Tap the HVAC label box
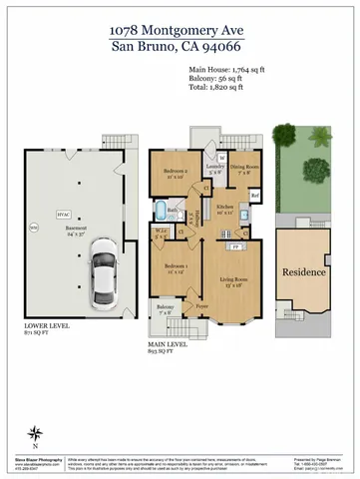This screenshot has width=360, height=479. pyautogui.click(x=62, y=213)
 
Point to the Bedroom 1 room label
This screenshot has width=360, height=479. pyautogui.click(x=175, y=266)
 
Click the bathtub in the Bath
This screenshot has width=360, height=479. pyautogui.click(x=161, y=211)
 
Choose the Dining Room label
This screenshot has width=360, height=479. pyautogui.click(x=244, y=169)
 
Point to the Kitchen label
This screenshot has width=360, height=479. pyautogui.click(x=224, y=208)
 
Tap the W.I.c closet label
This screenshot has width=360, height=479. pyautogui.click(x=162, y=238)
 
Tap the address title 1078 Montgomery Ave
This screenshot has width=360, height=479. pyautogui.click(x=180, y=30)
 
